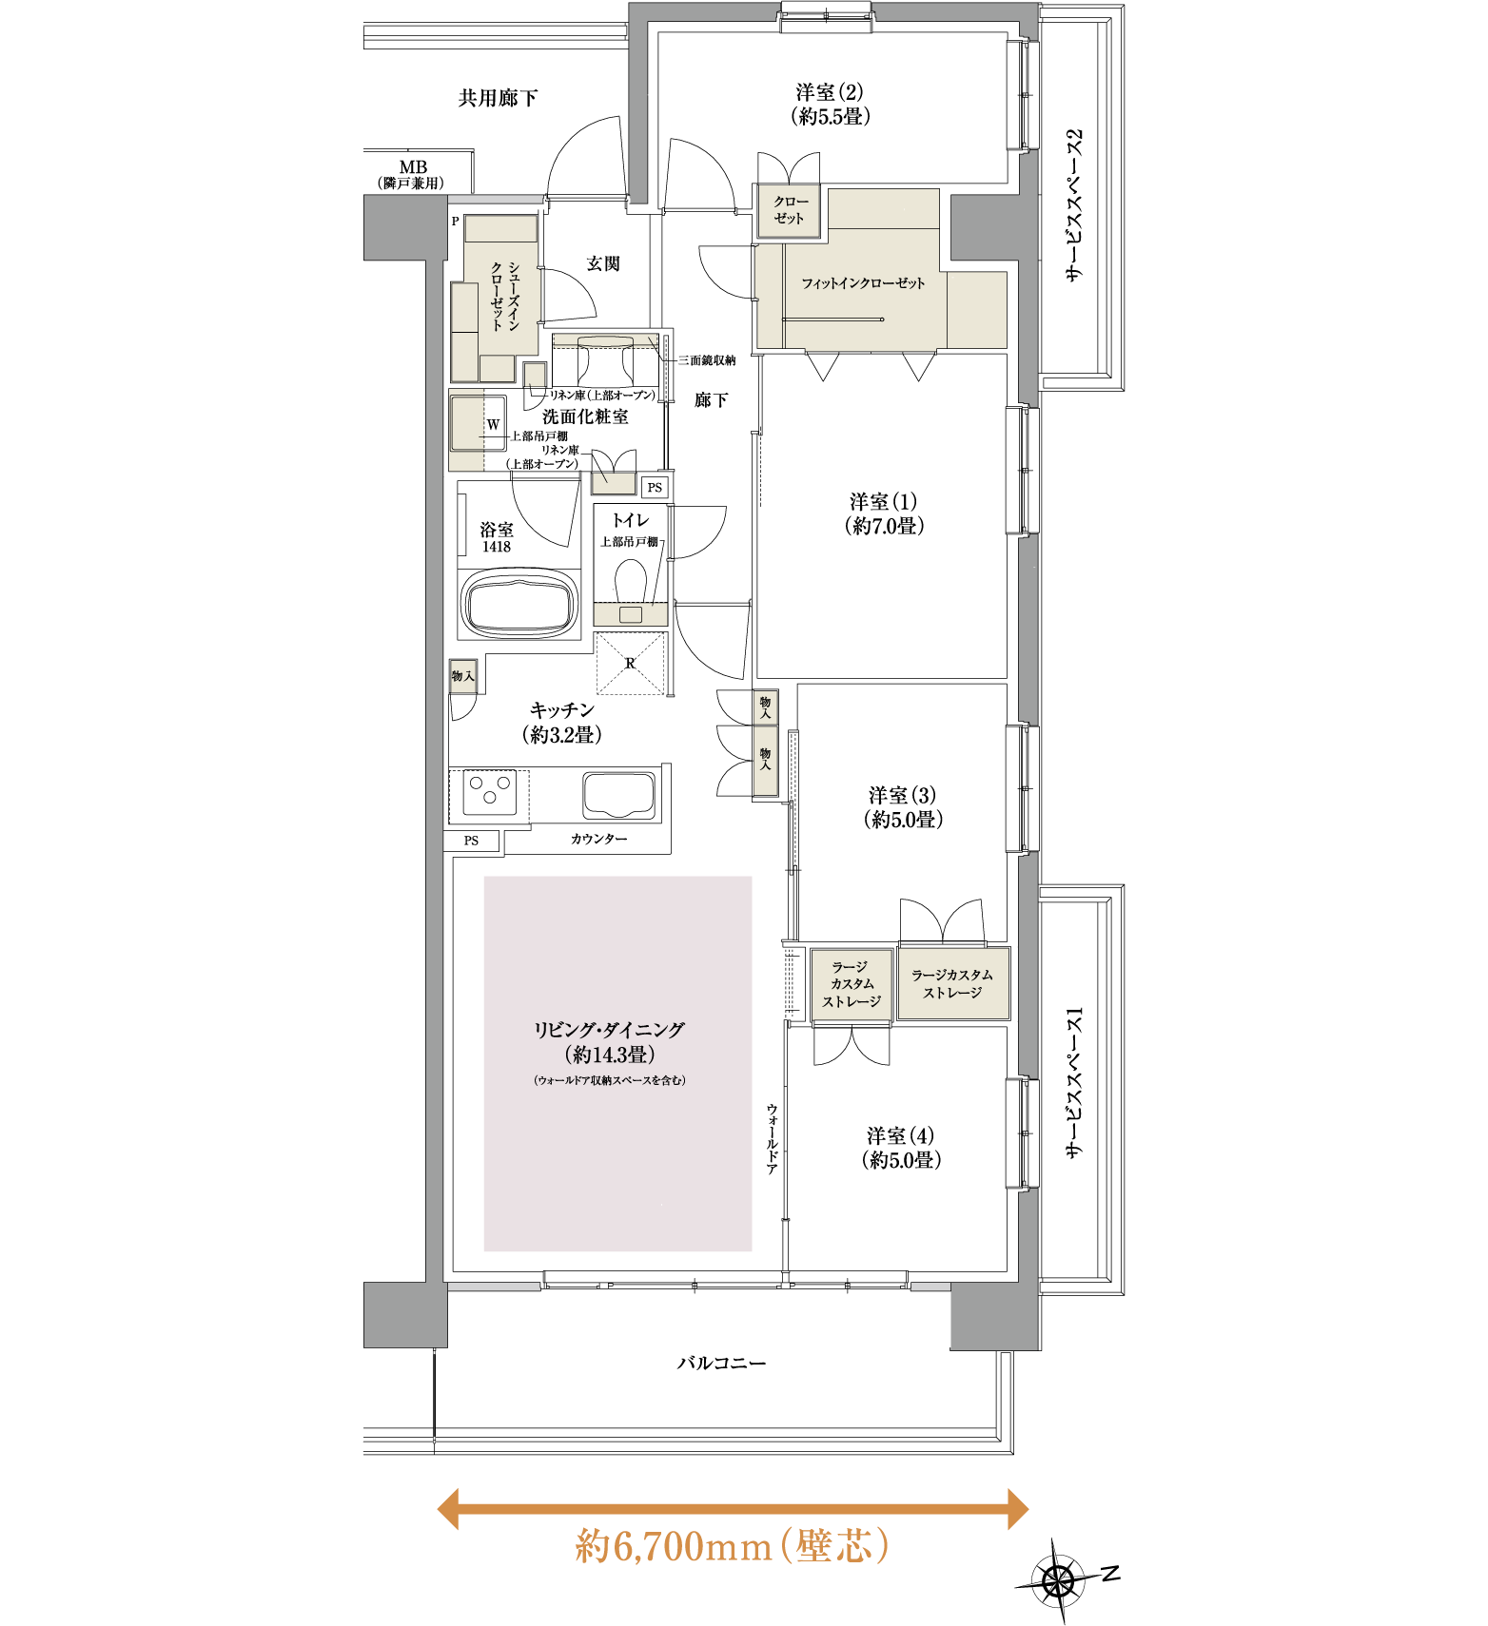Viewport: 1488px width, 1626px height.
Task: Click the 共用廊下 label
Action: (x=498, y=98)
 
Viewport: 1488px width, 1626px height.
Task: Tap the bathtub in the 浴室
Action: (x=520, y=603)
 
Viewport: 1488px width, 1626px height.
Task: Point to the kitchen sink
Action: (x=619, y=795)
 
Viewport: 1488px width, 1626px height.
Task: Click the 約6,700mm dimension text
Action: (x=673, y=1546)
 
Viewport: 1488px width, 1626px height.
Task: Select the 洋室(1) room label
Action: (x=884, y=513)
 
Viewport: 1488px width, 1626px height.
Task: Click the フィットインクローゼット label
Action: (x=863, y=283)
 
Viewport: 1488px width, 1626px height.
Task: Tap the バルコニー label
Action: (x=721, y=1363)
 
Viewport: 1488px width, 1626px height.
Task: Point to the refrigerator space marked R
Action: (x=631, y=664)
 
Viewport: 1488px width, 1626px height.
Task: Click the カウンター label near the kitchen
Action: (x=599, y=839)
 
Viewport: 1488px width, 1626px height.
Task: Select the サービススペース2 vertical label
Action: (x=1074, y=205)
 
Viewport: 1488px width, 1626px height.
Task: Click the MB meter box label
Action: (x=413, y=174)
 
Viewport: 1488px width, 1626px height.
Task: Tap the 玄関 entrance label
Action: (x=603, y=263)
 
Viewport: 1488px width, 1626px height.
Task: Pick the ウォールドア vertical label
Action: (x=773, y=1138)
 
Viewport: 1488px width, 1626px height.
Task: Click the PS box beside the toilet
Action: (x=655, y=488)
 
